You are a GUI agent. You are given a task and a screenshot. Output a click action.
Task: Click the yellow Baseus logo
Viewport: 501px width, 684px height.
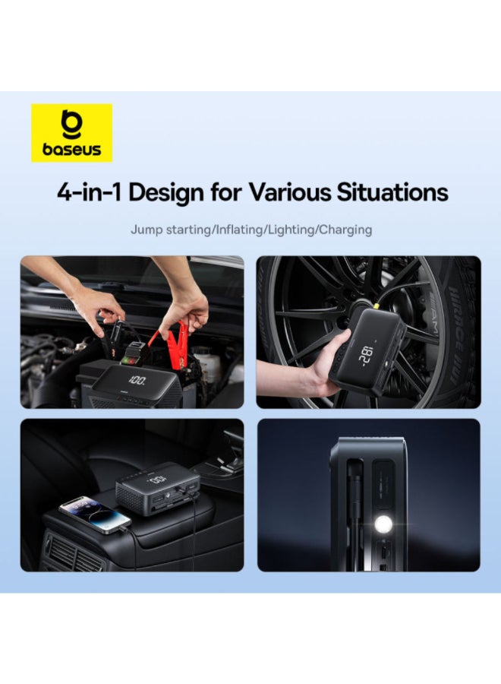pos(71,132)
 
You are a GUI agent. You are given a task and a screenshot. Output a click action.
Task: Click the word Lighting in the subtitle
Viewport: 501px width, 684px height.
pos(291,229)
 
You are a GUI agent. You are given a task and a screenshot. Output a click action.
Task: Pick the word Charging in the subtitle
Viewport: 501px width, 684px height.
pos(345,229)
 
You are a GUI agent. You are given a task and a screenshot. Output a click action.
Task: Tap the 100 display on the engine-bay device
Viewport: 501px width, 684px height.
pos(139,379)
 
